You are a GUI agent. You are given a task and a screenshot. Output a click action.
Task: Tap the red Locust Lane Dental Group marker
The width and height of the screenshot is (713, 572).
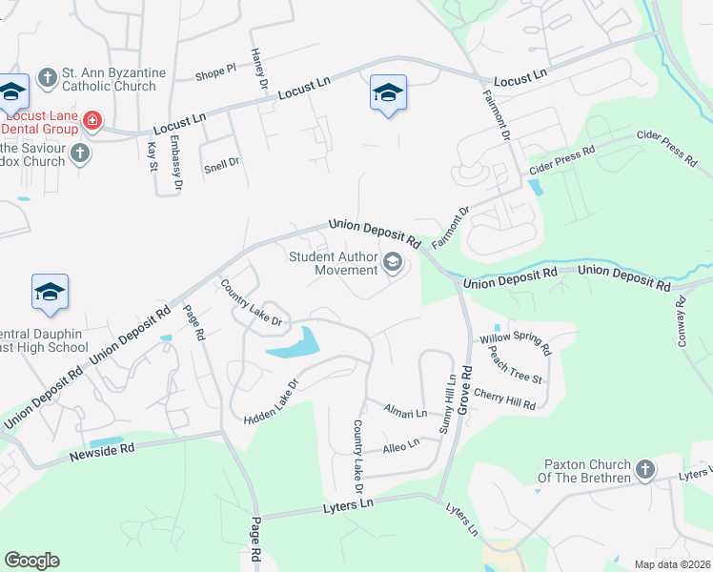pyautogui.click(x=92, y=120)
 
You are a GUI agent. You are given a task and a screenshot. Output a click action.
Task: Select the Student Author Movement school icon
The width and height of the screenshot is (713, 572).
pyautogui.click(x=392, y=262)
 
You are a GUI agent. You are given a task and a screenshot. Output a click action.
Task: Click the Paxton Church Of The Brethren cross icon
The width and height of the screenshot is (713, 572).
pyautogui.click(x=645, y=469)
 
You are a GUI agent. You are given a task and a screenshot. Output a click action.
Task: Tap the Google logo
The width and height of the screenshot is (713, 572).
pyautogui.click(x=31, y=561)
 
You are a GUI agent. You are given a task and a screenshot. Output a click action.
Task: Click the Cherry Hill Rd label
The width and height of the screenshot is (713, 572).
pyautogui.click(x=504, y=399)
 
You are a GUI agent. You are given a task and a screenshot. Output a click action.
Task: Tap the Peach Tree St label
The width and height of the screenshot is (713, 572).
pyautogui.click(x=515, y=364)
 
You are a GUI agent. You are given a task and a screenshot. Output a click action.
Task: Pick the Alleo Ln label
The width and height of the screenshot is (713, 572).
pyautogui.click(x=400, y=445)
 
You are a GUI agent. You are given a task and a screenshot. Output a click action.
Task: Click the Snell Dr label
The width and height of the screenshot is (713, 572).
pyautogui.click(x=221, y=163)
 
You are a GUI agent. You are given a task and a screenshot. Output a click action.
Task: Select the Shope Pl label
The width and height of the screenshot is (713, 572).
pyautogui.click(x=215, y=72)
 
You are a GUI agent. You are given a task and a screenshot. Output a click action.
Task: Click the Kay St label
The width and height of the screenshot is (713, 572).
pyautogui.click(x=153, y=155)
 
